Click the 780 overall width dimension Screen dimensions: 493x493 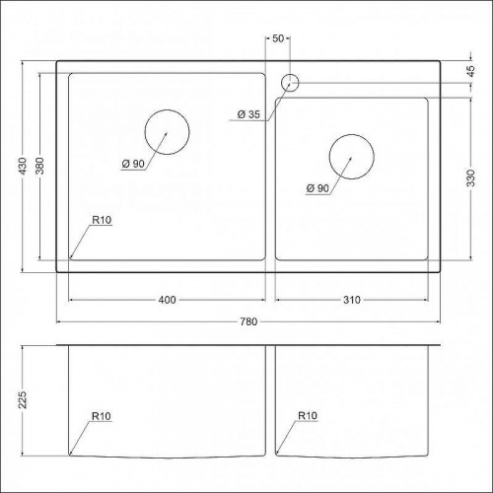(248, 321)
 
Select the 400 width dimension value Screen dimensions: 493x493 (167, 300)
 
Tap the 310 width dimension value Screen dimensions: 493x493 (352, 300)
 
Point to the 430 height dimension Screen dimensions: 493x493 (23, 167)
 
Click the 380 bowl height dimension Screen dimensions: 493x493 (39, 167)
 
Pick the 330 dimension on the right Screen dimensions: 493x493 (470, 178)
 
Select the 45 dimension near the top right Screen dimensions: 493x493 (470, 71)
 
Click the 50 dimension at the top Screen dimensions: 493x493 (278, 38)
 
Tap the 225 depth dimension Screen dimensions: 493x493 (23, 400)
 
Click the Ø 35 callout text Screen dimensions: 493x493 (248, 114)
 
